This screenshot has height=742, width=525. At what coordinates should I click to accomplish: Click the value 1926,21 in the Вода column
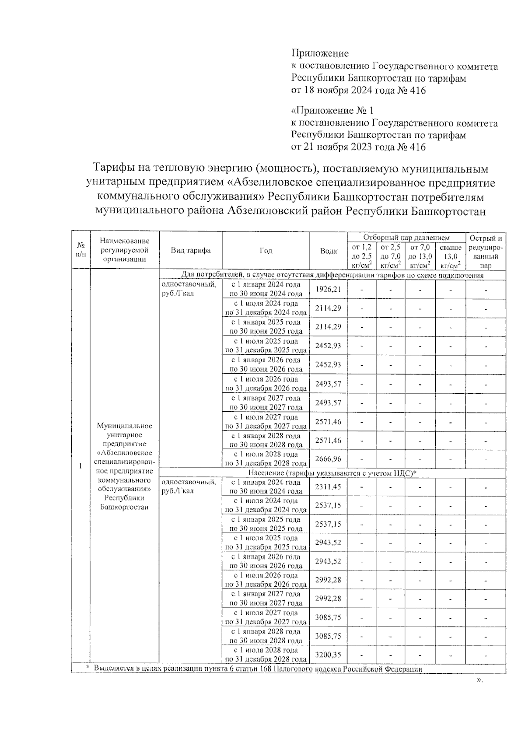tap(328, 289)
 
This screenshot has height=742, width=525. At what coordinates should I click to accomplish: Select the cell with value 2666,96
tap(328, 459)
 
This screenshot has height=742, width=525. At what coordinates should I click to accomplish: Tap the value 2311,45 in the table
tap(328, 486)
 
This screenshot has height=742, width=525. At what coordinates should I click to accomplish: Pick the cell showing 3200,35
tap(328, 655)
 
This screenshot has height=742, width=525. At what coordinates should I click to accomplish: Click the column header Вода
tap(328, 251)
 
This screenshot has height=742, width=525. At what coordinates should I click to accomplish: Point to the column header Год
tap(266, 251)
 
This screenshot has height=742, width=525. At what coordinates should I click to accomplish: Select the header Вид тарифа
tap(191, 251)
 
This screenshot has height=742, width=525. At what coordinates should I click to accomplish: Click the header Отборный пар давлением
tap(406, 238)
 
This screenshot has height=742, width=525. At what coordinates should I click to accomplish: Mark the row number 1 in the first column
tap(80, 466)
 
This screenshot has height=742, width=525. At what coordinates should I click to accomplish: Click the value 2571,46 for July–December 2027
tap(328, 422)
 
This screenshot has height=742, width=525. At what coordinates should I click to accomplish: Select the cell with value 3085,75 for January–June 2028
tap(328, 636)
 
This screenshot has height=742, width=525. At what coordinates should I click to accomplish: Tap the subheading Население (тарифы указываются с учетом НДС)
tap(332, 473)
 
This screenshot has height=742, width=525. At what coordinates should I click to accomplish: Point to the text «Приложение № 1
tap(332, 110)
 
